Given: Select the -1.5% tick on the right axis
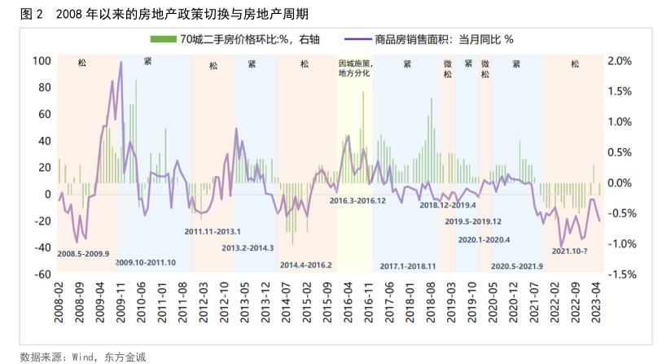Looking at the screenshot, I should pos(621,274).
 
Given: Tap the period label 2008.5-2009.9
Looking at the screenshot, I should pos(85,254).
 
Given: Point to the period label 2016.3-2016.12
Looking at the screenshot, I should pos(357,200).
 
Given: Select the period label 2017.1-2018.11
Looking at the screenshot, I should pos(408,265).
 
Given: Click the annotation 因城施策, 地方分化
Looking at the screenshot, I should pos(354,68).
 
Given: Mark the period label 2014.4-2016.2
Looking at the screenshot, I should pos(305,265).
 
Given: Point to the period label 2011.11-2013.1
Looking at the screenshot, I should pos(213,231).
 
